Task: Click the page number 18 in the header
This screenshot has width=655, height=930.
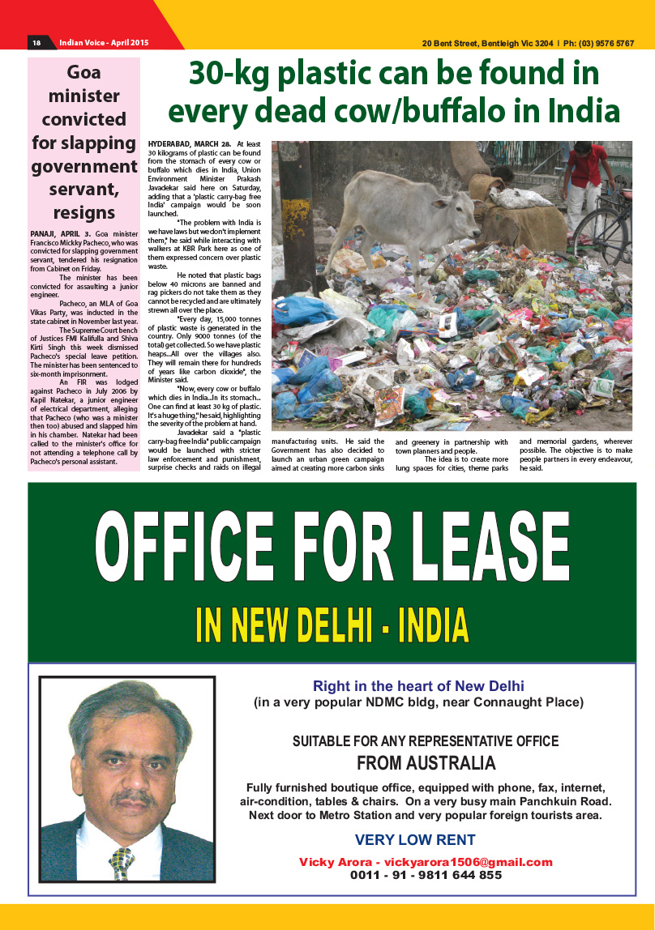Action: (36, 43)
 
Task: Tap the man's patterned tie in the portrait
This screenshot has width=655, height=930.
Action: (122, 862)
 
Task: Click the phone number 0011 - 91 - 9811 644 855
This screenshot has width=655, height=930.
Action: (426, 875)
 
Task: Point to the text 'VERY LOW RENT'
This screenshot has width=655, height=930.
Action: (415, 840)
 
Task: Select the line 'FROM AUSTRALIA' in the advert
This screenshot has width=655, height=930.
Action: (426, 763)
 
